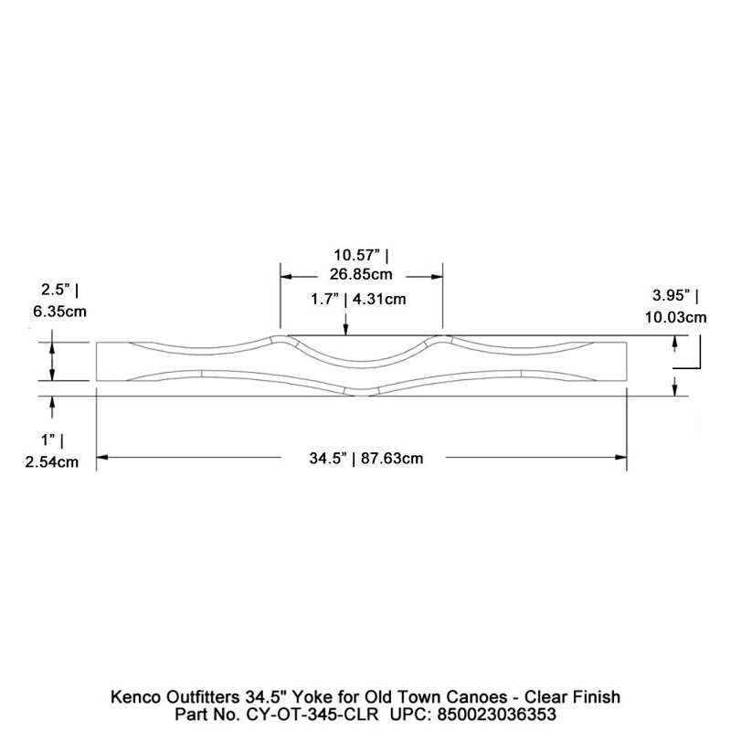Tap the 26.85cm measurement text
pyautogui.click(x=362, y=274)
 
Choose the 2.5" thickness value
pyautogui.click(x=52, y=290)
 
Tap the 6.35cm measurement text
pyautogui.click(x=59, y=311)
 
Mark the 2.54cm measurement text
pyautogui.click(x=52, y=462)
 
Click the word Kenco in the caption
pyautogui.click(x=135, y=697)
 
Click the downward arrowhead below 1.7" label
pyautogui.click(x=345, y=330)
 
